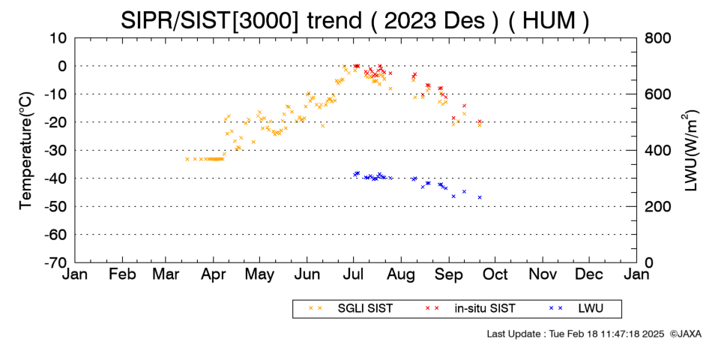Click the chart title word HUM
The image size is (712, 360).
[x=549, y=21]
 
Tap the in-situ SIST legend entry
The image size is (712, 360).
[x=470, y=308]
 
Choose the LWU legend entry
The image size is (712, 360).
[x=576, y=308]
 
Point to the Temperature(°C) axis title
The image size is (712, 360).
[x=26, y=151]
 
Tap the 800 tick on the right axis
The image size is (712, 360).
[x=657, y=38]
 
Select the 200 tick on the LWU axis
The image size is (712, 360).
[x=657, y=207]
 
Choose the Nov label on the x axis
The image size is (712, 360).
[x=543, y=274]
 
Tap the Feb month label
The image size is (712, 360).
[x=122, y=274]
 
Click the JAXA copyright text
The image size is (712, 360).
[x=685, y=334]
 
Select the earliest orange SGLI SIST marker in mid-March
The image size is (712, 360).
[x=187, y=159]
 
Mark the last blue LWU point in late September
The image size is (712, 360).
[x=480, y=197]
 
